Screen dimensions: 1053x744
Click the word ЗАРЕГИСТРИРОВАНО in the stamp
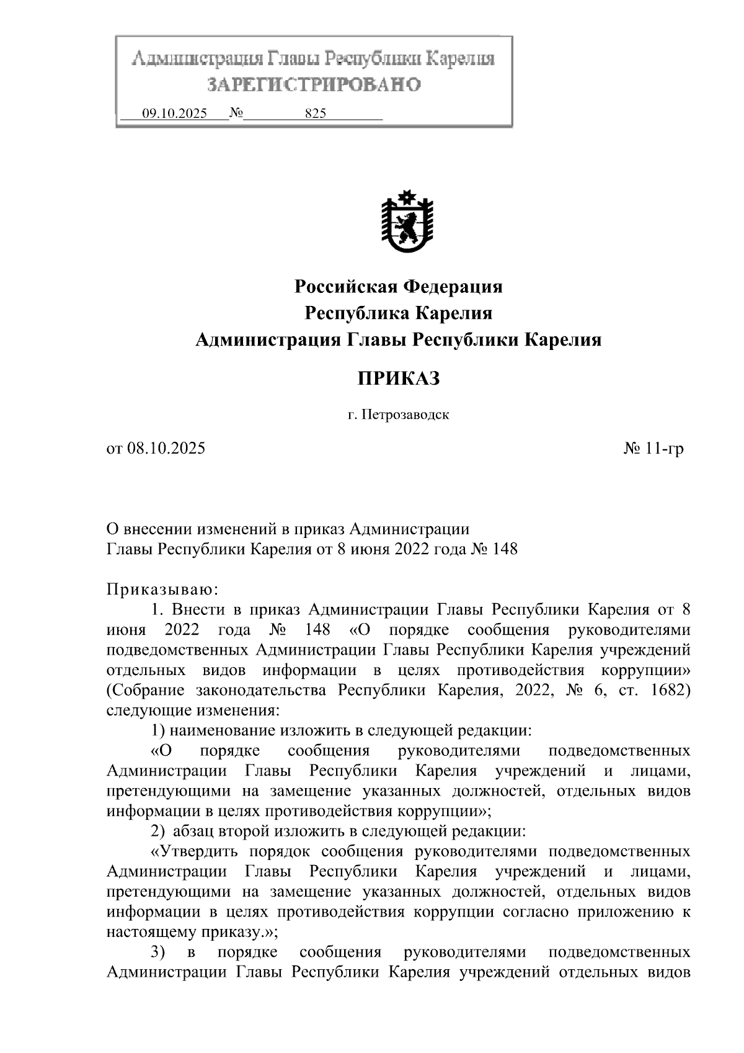pos(314,84)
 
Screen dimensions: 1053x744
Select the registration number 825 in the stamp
pos(316,114)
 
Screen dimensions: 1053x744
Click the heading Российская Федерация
pos(398,287)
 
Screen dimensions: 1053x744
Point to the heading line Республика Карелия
pos(398,313)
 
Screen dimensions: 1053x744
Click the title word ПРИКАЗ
pos(398,378)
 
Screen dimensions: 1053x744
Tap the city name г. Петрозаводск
pos(398,414)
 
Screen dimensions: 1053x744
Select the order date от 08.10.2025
pos(156,449)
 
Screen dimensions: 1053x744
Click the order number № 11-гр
pos(653,449)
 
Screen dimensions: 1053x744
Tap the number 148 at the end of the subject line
pos(504,549)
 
